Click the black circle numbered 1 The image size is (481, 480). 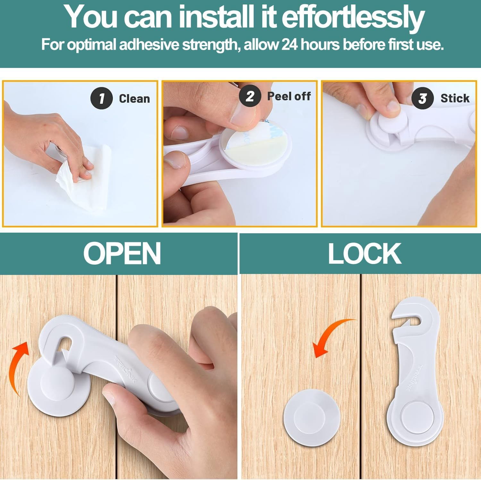coord(102,98)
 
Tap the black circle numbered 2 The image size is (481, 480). coord(250,96)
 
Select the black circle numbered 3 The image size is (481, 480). coord(422,98)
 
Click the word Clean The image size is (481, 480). coord(134,99)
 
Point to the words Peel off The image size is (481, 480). coord(289,96)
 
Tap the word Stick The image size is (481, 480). coord(455,98)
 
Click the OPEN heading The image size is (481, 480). coord(122,253)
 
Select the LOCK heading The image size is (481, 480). coord(365,253)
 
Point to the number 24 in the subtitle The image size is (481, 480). coord(290,45)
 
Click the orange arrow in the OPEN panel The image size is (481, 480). coord(19,368)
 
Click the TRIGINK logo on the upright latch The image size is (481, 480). coord(411,378)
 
